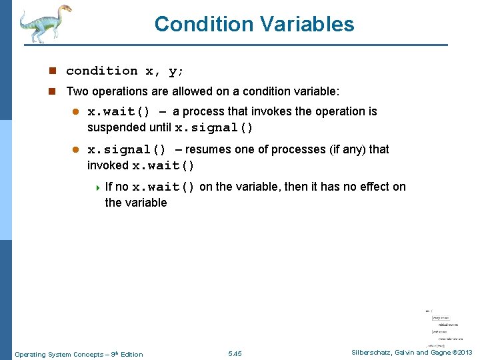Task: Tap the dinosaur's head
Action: pyautogui.click(x=64, y=10)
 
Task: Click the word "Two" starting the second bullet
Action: pyautogui.click(x=76, y=91)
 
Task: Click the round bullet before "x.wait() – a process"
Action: pyautogui.click(x=75, y=112)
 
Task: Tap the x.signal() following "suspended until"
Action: pyautogui.click(x=213, y=127)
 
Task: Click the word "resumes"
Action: pyautogui.click(x=213, y=149)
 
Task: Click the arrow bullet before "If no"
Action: pyautogui.click(x=98, y=187)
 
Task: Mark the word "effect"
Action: pyautogui.click(x=360, y=187)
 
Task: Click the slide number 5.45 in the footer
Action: pyautogui.click(x=235, y=354)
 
